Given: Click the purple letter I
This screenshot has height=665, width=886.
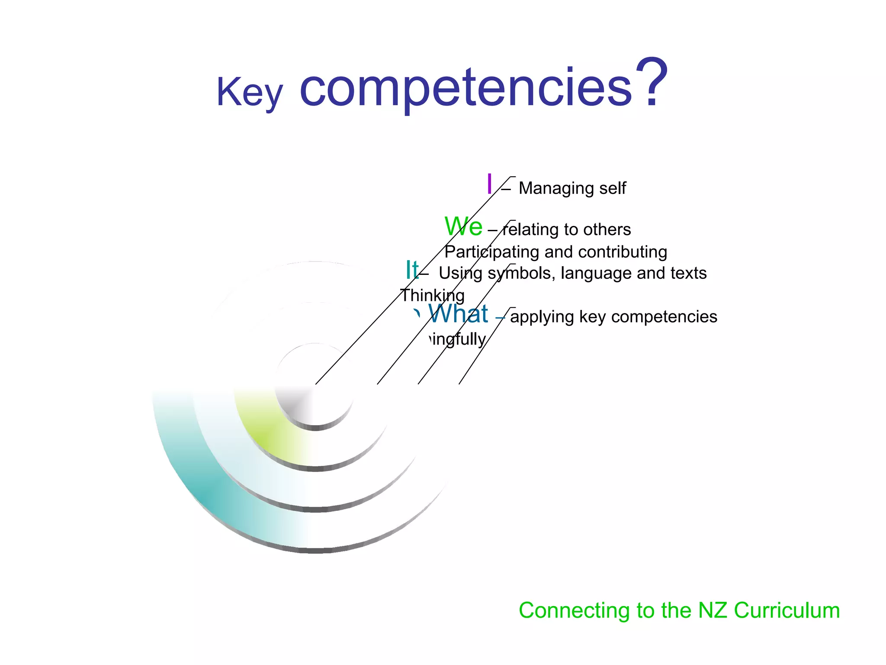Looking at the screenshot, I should click(x=489, y=184).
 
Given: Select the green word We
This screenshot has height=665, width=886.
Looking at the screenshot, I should click(x=463, y=226).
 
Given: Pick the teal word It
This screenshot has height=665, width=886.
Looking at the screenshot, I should click(x=412, y=270).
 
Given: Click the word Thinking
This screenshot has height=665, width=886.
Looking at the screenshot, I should click(x=432, y=295).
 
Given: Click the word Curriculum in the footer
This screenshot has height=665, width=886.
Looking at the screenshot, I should click(x=786, y=610).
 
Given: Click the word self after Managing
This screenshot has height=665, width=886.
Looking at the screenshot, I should click(x=613, y=188).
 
